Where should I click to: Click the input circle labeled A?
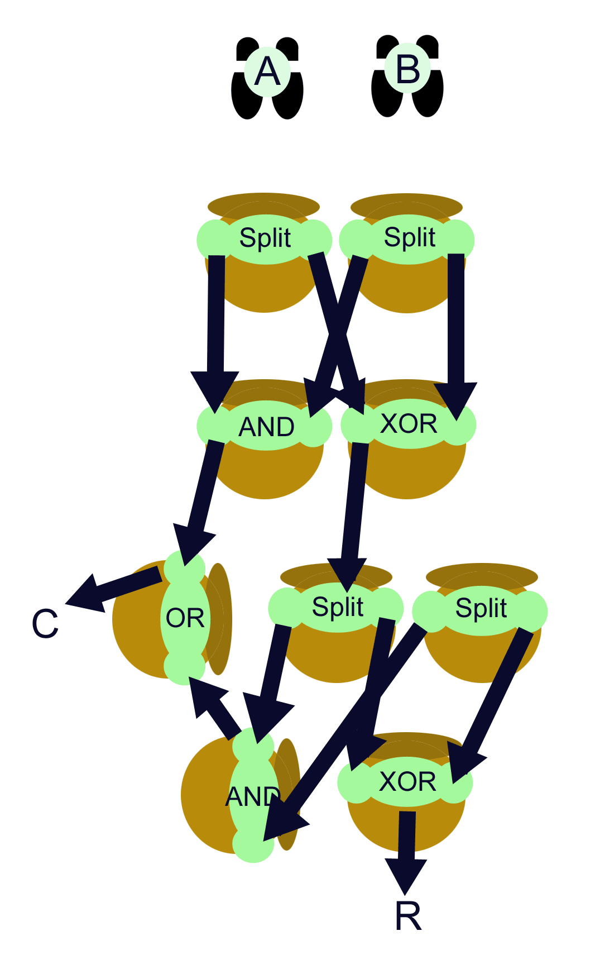coord(267,72)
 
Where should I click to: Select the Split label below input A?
coord(265,238)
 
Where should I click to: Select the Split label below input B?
coord(409,237)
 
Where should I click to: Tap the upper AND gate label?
coord(266,427)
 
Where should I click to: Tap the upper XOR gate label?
coord(409,424)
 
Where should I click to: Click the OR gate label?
coord(185,618)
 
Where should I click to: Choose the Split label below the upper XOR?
coord(337,607)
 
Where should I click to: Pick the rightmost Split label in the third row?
coord(481,608)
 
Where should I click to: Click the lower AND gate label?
coord(253,797)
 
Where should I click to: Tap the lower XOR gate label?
coord(407,781)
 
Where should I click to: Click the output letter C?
coord(45,624)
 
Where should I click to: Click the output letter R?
coord(407,916)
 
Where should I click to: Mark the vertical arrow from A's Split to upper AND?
coord(215,318)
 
